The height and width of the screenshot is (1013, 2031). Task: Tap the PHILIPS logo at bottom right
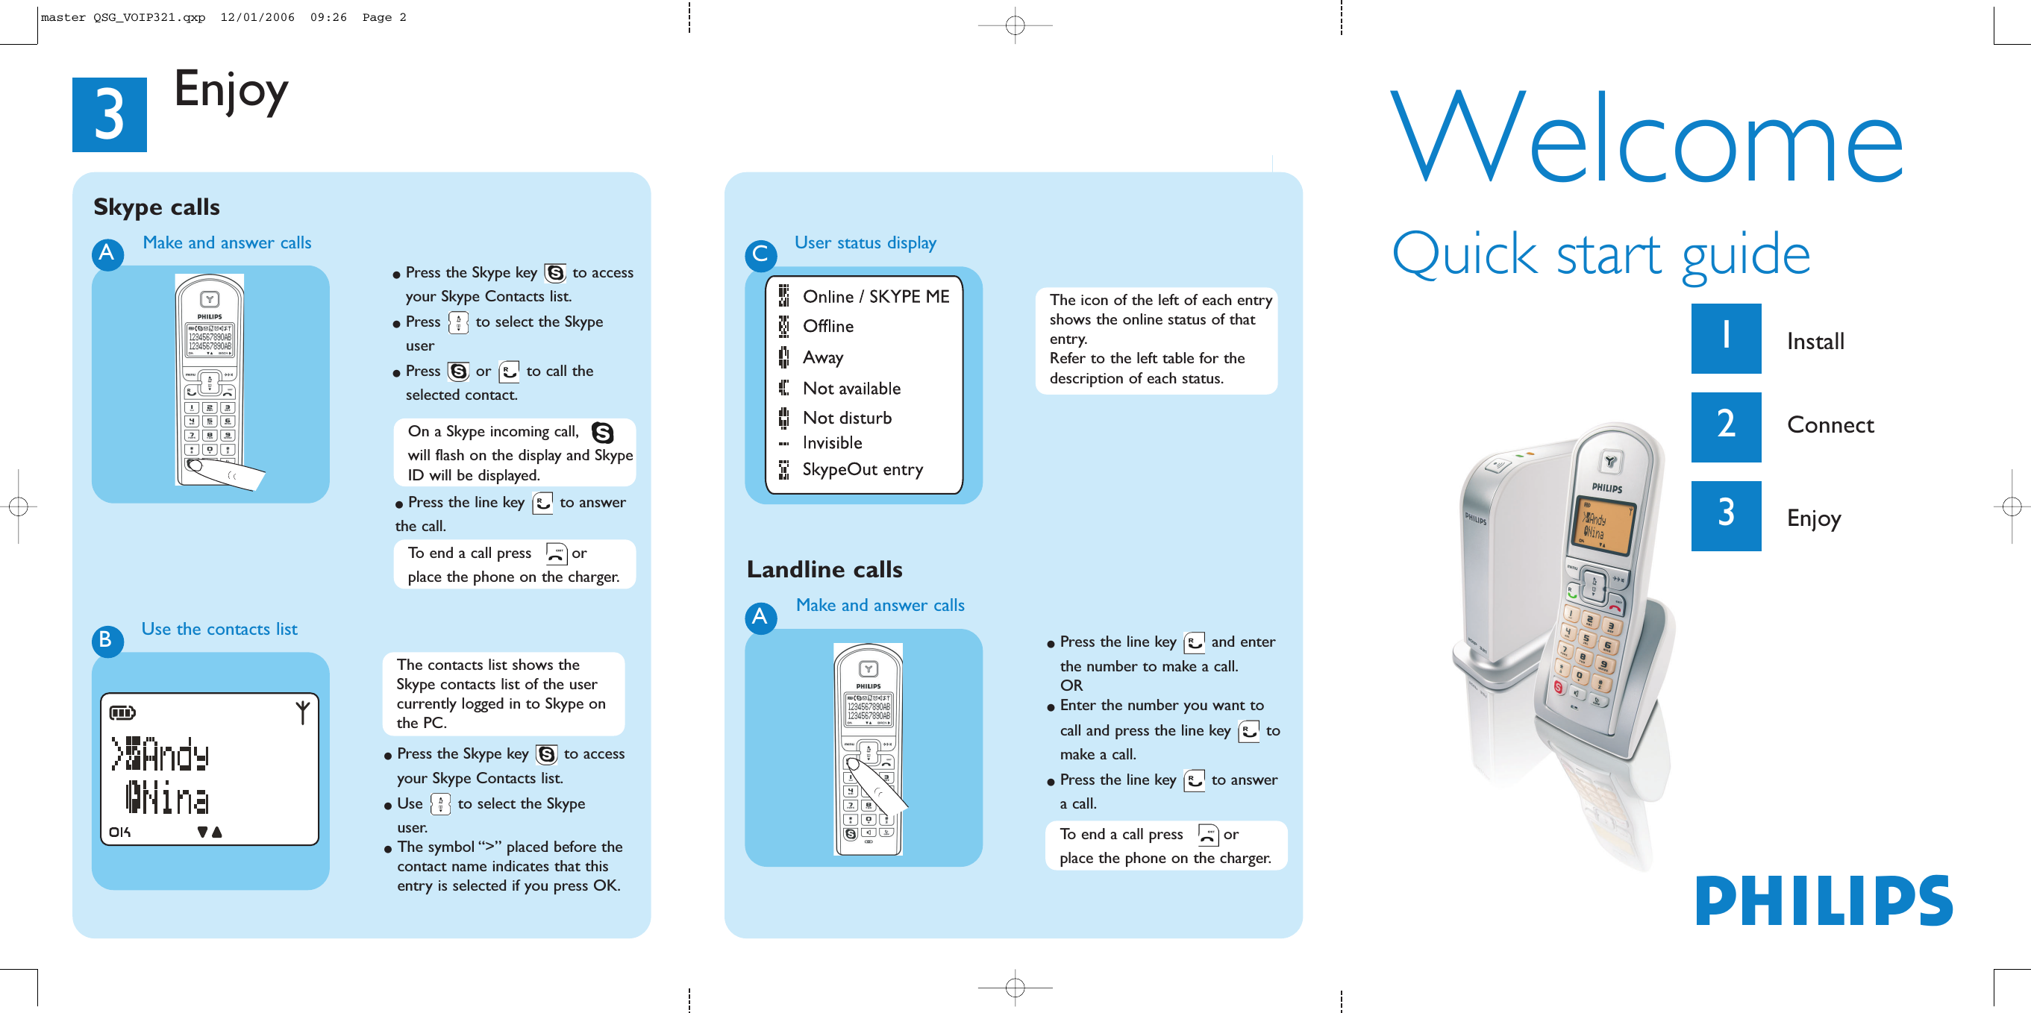pyautogui.click(x=1824, y=901)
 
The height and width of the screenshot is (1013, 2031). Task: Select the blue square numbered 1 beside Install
pyautogui.click(x=1725, y=338)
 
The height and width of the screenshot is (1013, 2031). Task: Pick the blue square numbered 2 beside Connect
pyautogui.click(x=1725, y=427)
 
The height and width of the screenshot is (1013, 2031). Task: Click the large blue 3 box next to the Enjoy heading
pyautogui.click(x=109, y=114)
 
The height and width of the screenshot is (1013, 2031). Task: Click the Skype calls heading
pyautogui.click(x=156, y=207)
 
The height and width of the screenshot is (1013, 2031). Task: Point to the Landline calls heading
pyautogui.click(x=824, y=569)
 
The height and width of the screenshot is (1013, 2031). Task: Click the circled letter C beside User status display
pyautogui.click(x=760, y=254)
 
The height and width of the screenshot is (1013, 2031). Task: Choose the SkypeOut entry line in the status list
pyautogui.click(x=862, y=470)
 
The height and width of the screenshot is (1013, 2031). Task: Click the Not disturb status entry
pyautogui.click(x=846, y=418)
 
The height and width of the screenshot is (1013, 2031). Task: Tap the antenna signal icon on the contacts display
pyautogui.click(x=302, y=712)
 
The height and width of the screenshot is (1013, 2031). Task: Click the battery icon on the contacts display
pyautogui.click(x=122, y=712)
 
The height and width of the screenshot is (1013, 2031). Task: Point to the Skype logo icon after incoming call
pyautogui.click(x=602, y=433)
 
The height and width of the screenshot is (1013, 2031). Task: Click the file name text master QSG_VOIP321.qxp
pyautogui.click(x=123, y=17)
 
